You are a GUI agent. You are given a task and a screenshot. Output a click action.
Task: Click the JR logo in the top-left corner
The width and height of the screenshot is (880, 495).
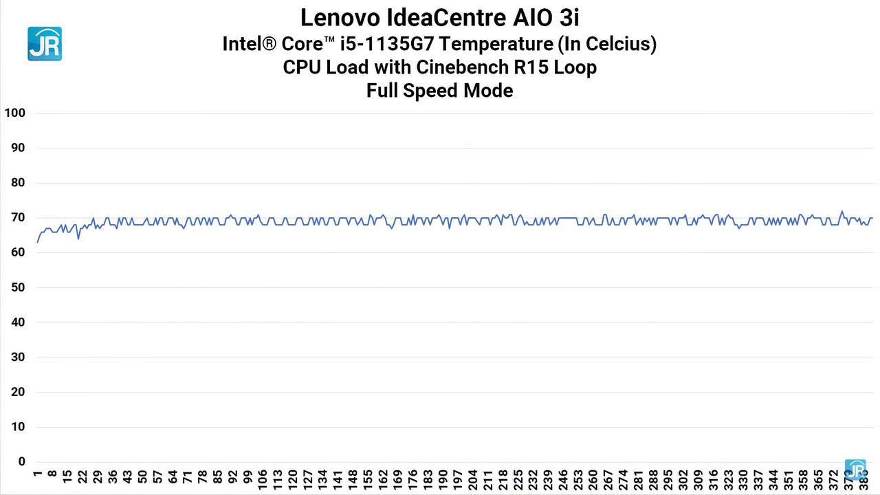click(45, 44)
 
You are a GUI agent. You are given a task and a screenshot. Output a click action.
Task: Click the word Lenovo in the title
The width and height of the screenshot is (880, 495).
click(340, 17)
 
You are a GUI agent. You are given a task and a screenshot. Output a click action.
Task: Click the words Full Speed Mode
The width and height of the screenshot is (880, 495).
click(439, 91)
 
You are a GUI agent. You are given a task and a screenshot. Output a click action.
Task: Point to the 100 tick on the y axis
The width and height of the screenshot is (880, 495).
click(14, 113)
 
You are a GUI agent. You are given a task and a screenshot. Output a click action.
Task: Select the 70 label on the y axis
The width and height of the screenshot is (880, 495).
click(18, 217)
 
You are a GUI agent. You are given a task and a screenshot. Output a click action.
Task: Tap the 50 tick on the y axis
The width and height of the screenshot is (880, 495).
click(18, 287)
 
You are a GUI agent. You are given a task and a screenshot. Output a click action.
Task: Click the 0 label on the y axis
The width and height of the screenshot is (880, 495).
click(22, 462)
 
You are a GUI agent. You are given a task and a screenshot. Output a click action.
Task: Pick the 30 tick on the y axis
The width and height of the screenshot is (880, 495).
click(18, 357)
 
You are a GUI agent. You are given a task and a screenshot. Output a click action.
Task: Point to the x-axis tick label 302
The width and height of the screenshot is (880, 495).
click(683, 479)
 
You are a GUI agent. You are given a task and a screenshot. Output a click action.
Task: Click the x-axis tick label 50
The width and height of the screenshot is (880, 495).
click(142, 477)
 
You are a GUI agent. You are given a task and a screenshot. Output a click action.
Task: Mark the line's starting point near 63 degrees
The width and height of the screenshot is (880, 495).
click(37, 242)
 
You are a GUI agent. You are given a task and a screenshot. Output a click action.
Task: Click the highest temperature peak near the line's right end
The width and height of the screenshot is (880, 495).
click(841, 211)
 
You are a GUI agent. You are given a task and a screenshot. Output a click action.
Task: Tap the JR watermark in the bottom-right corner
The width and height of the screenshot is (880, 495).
click(856, 470)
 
